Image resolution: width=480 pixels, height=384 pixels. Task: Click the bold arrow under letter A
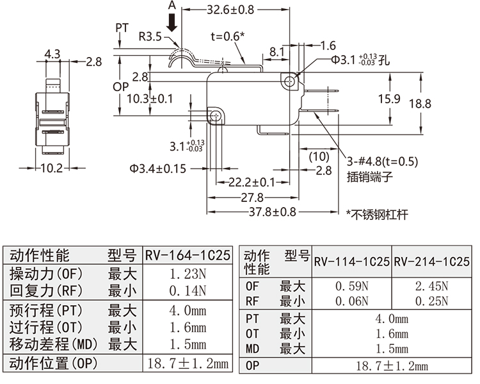click(172, 23)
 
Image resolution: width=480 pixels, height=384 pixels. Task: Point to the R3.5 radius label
click(150, 37)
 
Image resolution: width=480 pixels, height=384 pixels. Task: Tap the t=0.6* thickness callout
click(227, 37)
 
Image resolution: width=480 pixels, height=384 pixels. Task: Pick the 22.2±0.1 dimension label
click(252, 183)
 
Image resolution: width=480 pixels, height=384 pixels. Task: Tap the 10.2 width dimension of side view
click(51, 169)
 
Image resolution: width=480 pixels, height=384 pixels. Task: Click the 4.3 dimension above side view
click(53, 54)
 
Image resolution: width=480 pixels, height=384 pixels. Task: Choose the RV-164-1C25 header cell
click(188, 256)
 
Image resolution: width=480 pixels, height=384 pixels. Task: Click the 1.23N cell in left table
click(188, 274)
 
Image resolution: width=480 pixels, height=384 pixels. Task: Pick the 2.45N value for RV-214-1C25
click(431, 286)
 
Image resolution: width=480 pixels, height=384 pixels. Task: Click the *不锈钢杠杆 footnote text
click(377, 215)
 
